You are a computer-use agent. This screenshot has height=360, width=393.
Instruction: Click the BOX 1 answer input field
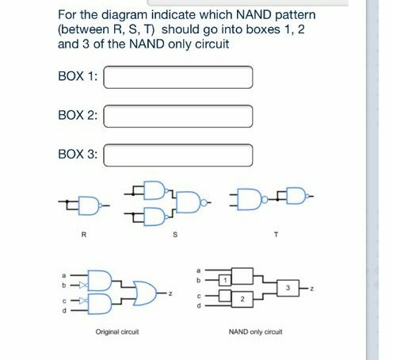tap(178, 78)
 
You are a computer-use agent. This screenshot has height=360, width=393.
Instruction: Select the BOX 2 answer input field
tap(178, 116)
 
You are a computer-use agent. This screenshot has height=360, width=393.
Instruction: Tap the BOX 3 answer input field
tap(178, 154)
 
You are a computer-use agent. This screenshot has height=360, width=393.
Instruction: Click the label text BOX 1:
tap(78, 78)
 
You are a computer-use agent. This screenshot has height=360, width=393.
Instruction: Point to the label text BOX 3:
tap(78, 154)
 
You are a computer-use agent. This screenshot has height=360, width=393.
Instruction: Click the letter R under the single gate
tap(83, 235)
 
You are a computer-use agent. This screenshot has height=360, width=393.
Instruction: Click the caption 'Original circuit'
tap(117, 333)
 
